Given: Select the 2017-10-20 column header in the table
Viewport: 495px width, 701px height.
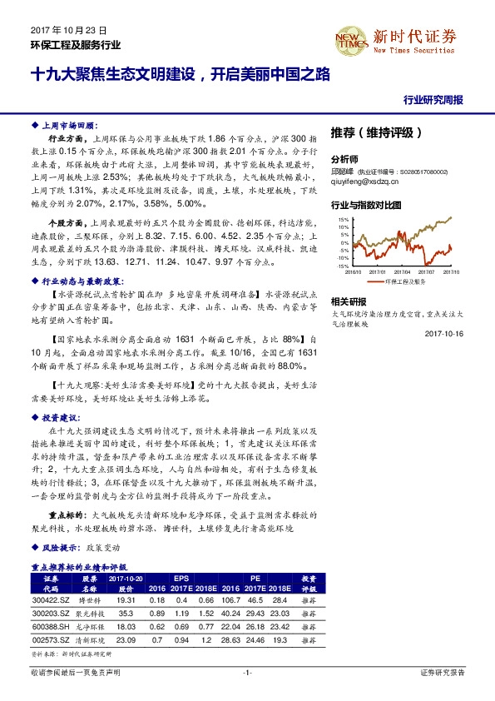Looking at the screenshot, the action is tap(126, 578).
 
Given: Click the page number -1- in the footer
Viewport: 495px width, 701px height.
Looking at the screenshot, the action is tap(247, 671).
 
